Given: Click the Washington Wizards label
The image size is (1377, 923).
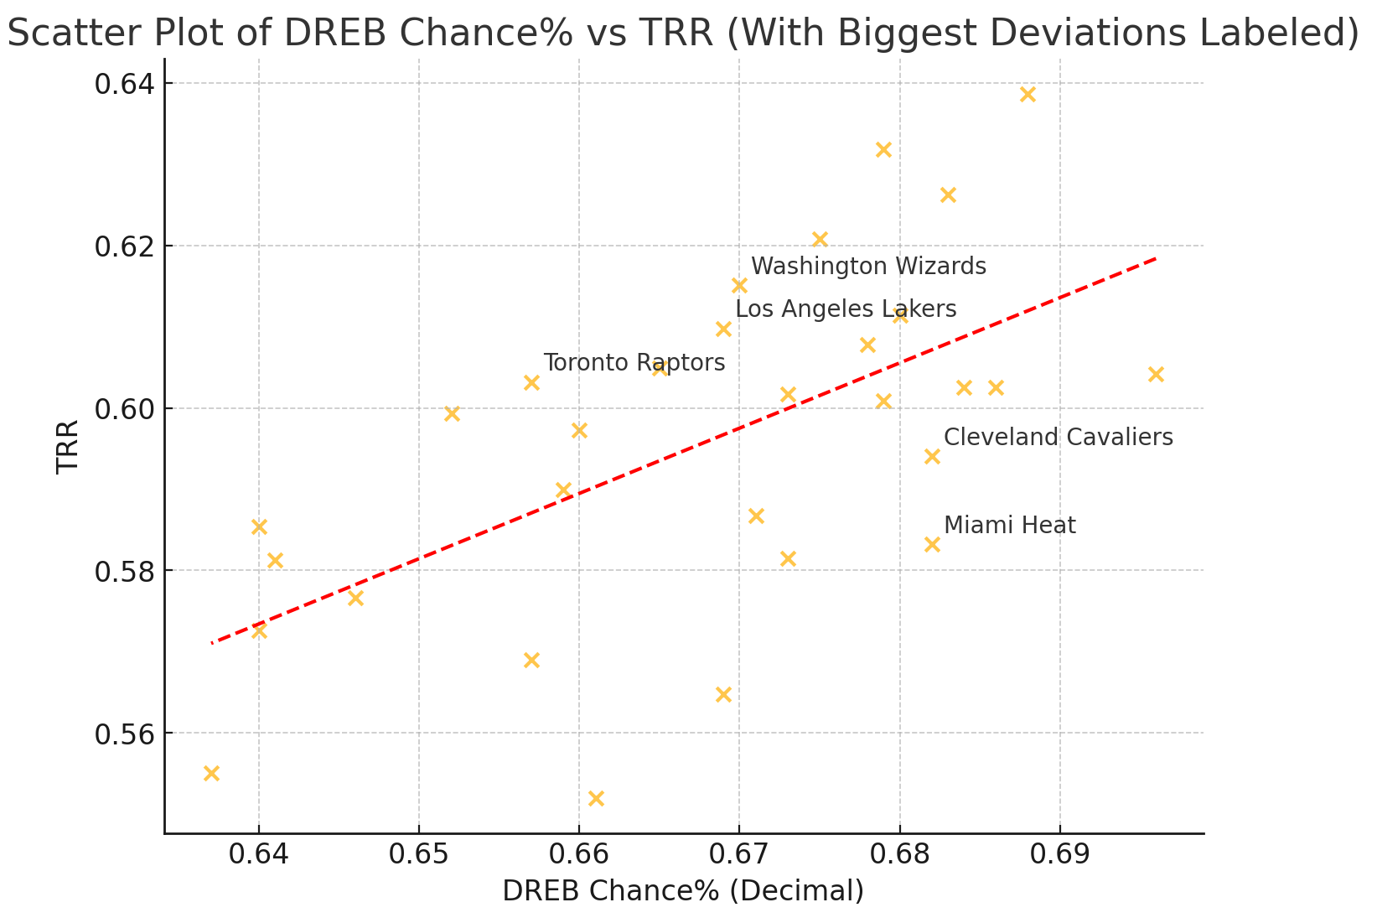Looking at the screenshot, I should [x=868, y=267].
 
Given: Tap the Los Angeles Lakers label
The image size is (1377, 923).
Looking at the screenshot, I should [x=846, y=309].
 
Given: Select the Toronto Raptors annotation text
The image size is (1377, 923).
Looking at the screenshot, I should [x=634, y=363].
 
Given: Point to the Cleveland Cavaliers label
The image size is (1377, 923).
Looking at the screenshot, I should [x=1058, y=438].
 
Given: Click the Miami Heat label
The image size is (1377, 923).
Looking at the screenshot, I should [x=1009, y=526].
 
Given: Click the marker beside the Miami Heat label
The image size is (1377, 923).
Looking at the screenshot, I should [x=932, y=545].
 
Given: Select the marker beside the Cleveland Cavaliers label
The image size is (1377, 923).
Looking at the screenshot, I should [x=932, y=457].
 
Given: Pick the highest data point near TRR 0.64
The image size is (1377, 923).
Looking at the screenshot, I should [x=1028, y=95].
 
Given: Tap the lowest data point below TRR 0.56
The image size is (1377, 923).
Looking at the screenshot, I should [x=596, y=798].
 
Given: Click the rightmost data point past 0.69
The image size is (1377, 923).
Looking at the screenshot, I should [x=1156, y=375].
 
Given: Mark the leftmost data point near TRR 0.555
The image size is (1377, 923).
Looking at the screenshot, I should [x=211, y=773].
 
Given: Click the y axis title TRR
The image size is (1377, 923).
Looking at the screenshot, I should [x=68, y=446].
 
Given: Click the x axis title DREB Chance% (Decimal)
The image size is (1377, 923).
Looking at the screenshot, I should [x=683, y=891].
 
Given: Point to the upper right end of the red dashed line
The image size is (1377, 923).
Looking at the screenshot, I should [x=1155, y=258].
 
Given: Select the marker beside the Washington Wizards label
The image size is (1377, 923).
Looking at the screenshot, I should [x=739, y=286].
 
